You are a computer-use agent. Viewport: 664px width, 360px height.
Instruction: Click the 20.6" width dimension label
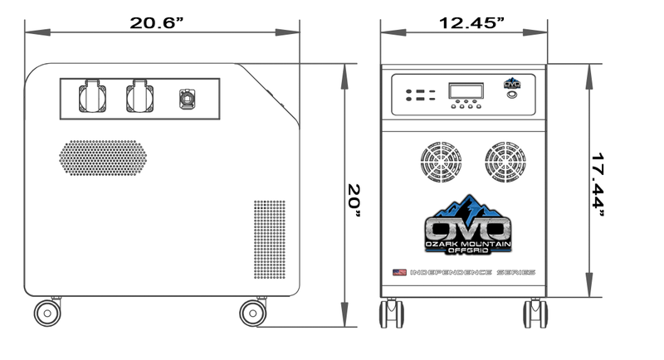(x=156, y=23)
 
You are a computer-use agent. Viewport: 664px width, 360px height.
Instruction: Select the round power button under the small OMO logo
(x=513, y=95)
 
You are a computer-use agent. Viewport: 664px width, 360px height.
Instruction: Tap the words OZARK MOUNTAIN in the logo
(x=468, y=243)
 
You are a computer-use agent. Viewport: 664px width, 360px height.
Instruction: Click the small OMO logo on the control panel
(x=513, y=81)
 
